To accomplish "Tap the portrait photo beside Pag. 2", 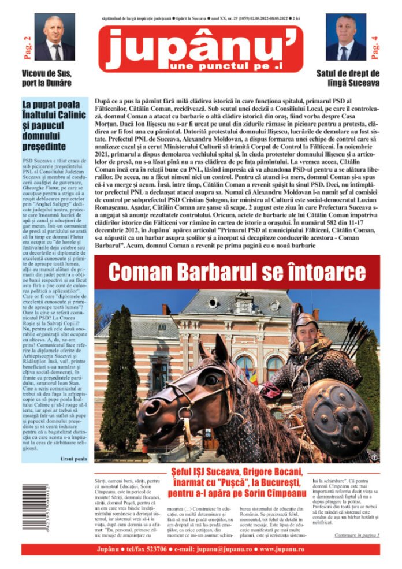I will [x=54, y=38].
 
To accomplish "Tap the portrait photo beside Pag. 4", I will [x=346, y=38].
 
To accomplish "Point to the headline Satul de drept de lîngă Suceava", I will [x=348, y=78].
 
